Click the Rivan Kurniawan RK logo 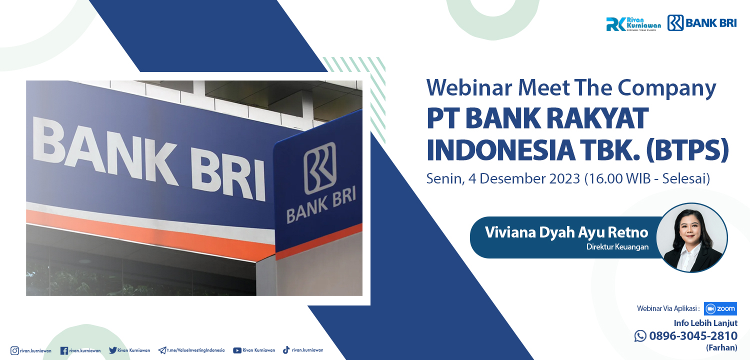coord(633,24)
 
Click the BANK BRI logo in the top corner coord(702,23)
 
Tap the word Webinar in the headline coord(469,87)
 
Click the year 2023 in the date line coord(563,179)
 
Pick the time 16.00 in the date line coord(606,179)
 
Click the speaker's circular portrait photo coord(692,237)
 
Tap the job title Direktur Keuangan coord(617,247)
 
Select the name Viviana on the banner coord(510,232)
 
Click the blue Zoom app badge coord(720,308)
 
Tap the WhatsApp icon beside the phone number coord(640,336)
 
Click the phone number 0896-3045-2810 coord(693,335)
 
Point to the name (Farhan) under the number coord(721,348)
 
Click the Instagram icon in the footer coord(14,350)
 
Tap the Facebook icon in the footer coord(64,350)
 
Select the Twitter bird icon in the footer coord(112,350)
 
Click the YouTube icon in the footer coord(237,350)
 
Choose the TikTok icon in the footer coord(286,350)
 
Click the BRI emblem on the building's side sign coord(320,168)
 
